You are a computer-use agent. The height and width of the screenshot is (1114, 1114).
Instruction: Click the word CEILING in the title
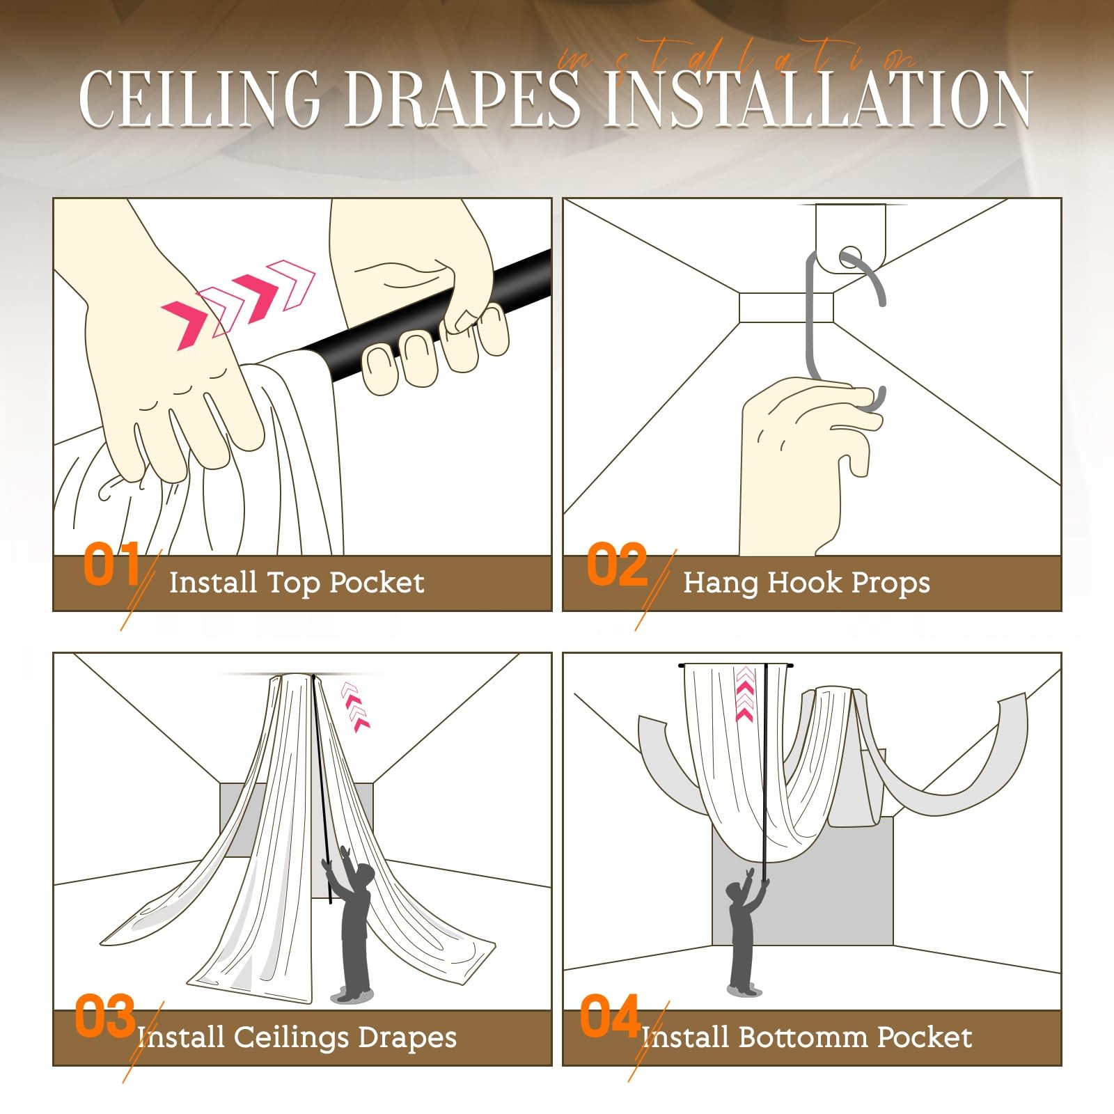(200, 98)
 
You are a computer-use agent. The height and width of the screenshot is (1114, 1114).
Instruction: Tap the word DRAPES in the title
(462, 98)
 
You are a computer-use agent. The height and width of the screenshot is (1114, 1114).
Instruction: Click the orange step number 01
(111, 564)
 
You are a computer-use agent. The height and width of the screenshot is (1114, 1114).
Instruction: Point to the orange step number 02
(617, 564)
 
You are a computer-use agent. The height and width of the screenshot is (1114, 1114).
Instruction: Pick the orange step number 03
(105, 1016)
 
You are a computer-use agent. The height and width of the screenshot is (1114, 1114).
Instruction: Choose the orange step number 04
(610, 1016)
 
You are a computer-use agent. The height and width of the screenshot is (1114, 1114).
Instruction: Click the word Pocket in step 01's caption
(376, 583)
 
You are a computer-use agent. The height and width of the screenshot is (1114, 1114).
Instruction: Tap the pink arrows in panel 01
(238, 304)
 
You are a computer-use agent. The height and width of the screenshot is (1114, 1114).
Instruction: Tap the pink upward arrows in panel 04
(745, 693)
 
